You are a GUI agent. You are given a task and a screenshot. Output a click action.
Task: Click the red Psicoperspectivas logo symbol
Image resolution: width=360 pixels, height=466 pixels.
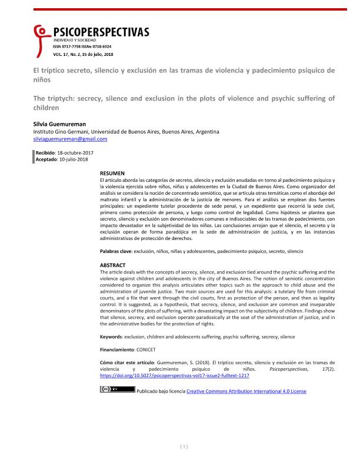tap(41, 35)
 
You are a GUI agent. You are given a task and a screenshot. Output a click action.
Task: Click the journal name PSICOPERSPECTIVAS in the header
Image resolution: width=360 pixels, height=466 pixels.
tap(101, 32)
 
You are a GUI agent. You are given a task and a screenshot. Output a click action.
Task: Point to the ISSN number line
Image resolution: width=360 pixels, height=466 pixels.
tap(82, 46)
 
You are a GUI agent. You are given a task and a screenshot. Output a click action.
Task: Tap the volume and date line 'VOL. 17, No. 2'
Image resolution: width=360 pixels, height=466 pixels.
tap(83, 54)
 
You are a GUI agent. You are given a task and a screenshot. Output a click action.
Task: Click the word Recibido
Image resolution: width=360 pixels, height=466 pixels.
tap(47, 153)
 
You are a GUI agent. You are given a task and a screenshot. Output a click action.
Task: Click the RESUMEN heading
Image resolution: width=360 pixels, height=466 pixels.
tap(112, 173)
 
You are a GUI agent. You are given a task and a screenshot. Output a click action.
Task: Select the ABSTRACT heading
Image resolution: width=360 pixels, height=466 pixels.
tap(112, 265)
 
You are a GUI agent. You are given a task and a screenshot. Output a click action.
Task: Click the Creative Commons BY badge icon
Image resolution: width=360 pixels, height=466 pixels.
tap(109, 389)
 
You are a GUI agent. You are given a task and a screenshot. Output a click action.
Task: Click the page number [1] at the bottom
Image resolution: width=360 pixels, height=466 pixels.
tap(184, 447)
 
